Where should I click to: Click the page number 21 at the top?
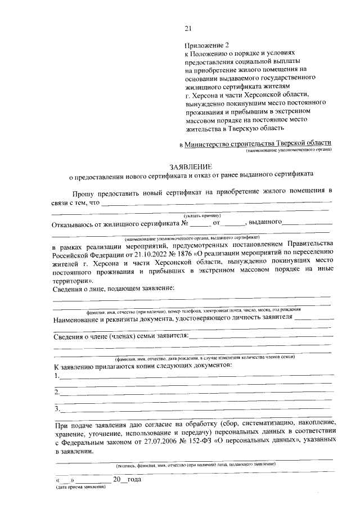tap(188, 29)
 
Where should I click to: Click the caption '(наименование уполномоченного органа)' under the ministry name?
tap(289, 151)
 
